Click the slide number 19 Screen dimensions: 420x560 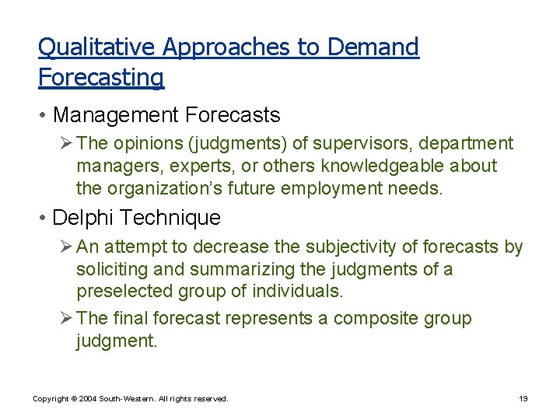523,399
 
